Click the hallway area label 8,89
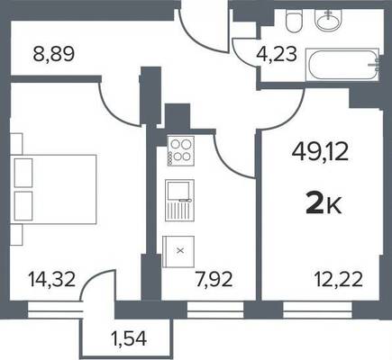[53, 55]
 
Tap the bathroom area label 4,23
[277, 55]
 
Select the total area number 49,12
[320, 152]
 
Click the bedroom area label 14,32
[51, 279]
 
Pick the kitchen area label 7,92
[214, 280]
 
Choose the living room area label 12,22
[339, 280]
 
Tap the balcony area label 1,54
[128, 339]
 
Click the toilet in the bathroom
[294, 21]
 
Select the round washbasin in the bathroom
[328, 19]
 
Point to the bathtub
[342, 65]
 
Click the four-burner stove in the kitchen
[180, 151]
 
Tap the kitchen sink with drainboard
[179, 201]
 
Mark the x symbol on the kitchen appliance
[180, 251]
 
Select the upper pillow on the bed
[23, 173]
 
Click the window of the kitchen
[215, 310]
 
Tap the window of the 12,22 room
[317, 310]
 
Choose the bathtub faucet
[375, 64]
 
